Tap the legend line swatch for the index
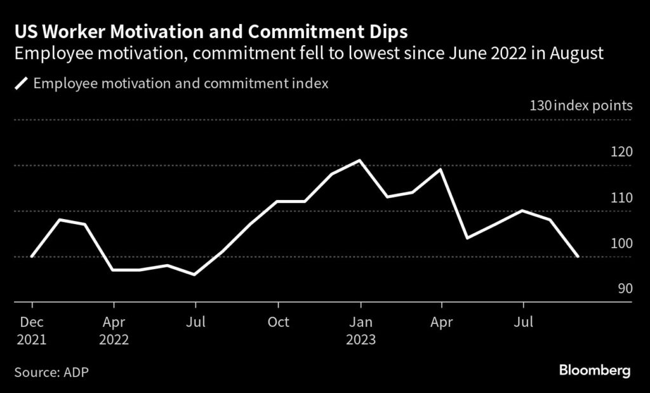click(21, 83)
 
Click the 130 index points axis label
click(581, 105)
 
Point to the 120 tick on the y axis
click(621, 152)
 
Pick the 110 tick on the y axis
click(621, 197)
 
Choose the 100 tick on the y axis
click(621, 243)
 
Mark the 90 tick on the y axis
click(624, 289)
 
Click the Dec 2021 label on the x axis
click(31, 330)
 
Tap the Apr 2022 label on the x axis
click(114, 330)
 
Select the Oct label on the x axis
click(278, 322)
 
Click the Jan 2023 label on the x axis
click(361, 330)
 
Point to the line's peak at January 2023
click(361, 160)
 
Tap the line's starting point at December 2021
click(31, 256)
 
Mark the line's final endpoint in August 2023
click(578, 256)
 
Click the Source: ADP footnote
click(51, 371)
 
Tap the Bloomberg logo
click(595, 370)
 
